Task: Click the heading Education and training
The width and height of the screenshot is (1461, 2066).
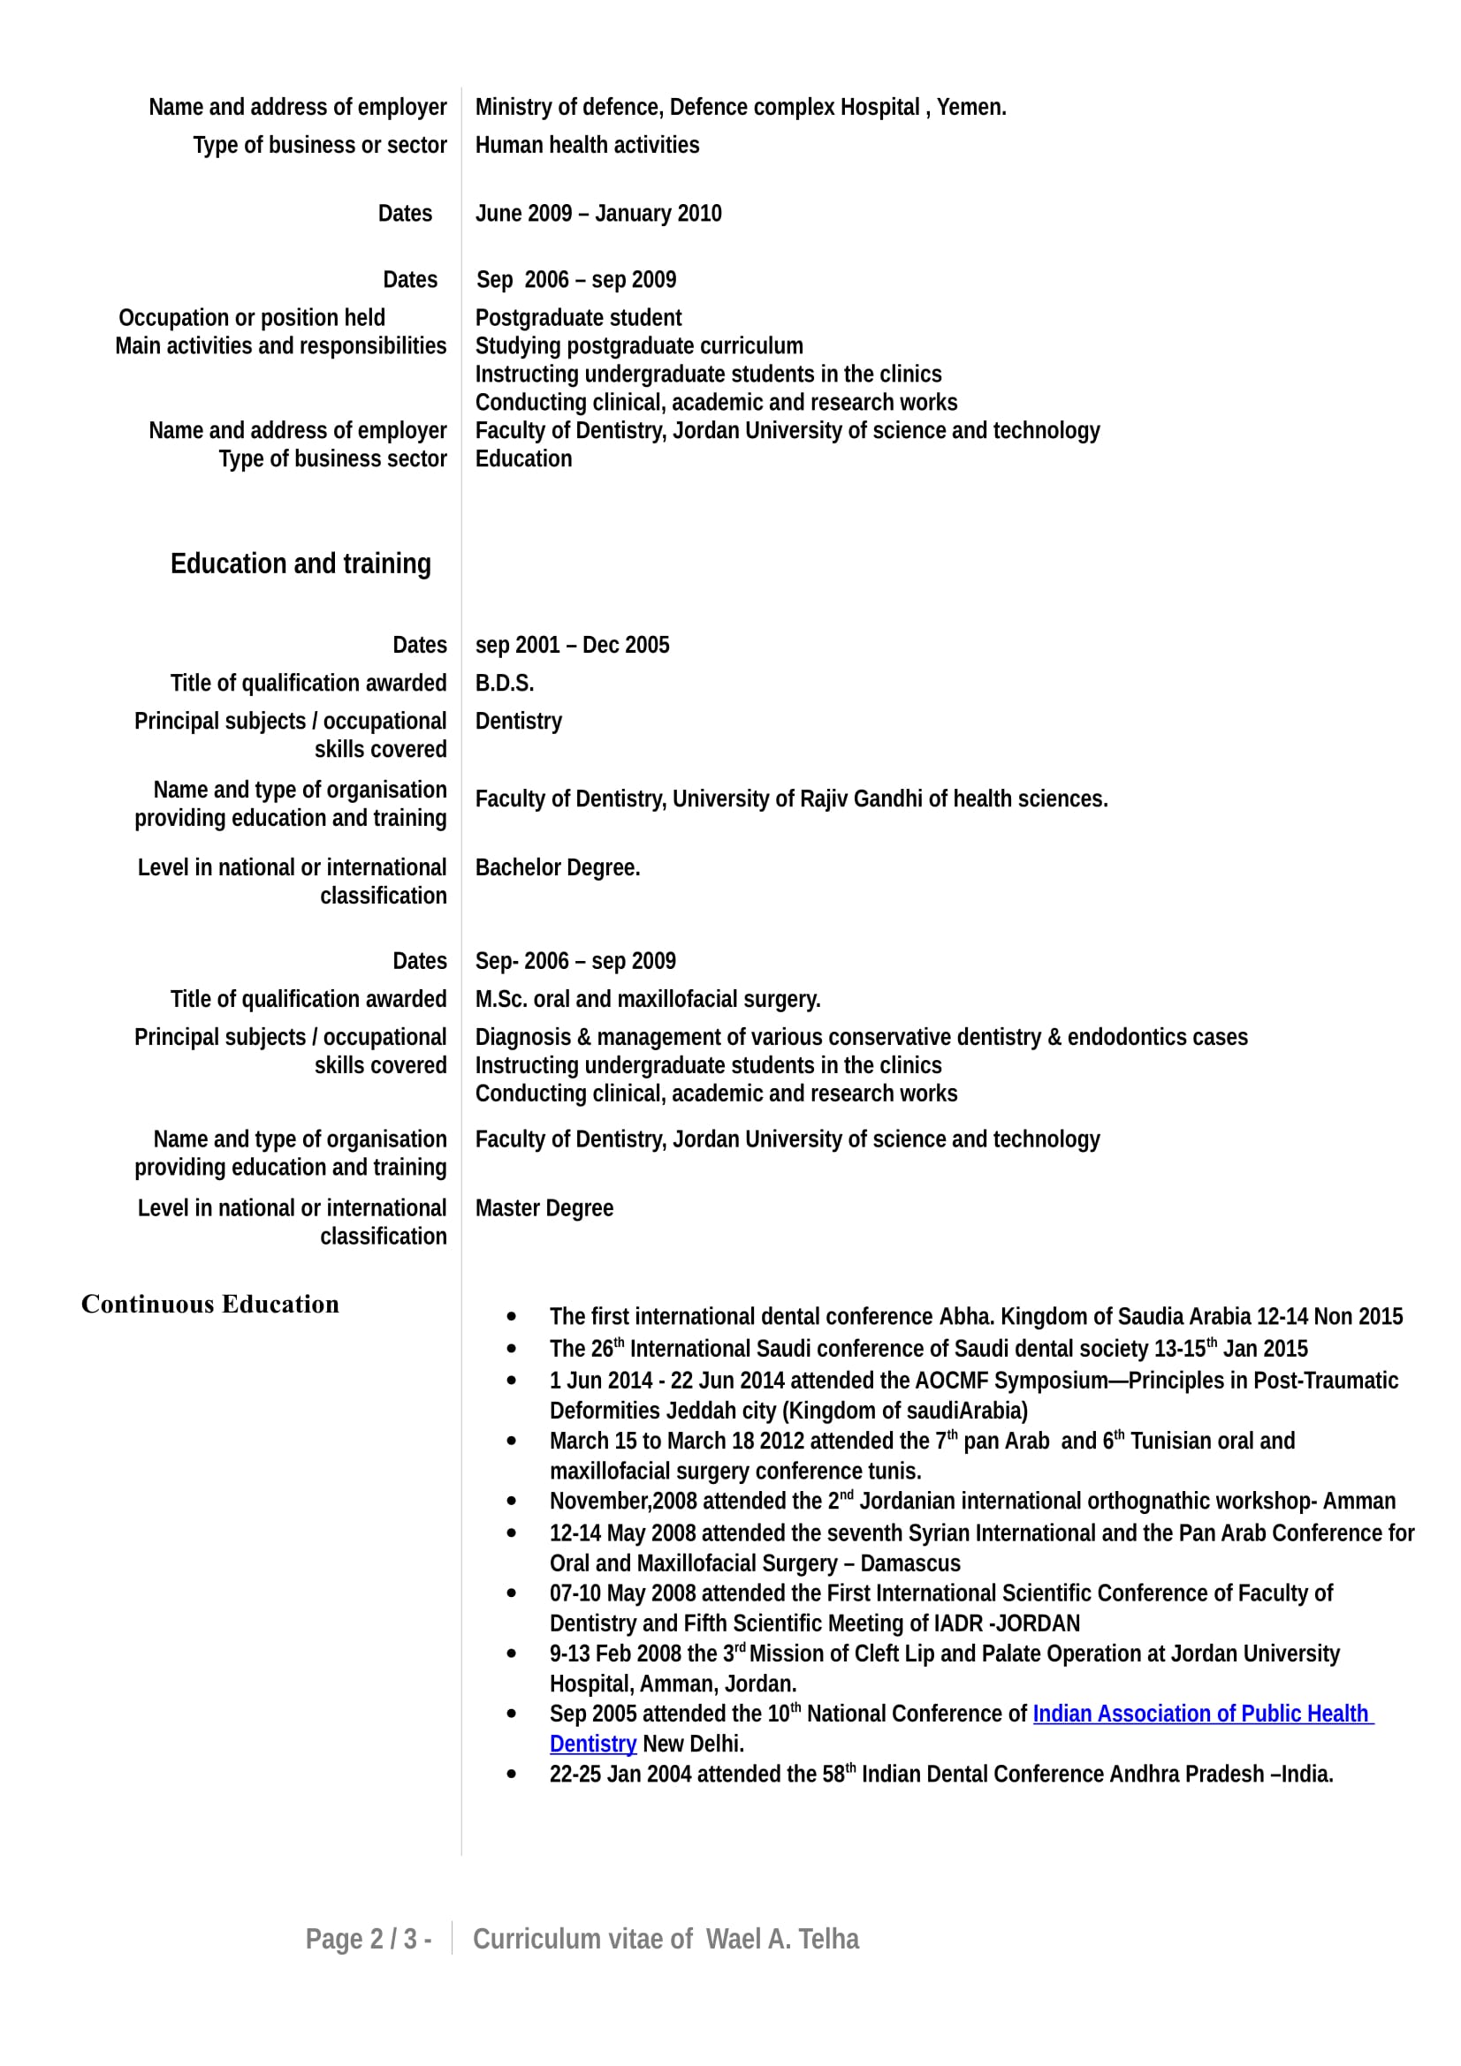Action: point(301,564)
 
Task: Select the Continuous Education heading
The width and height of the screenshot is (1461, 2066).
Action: point(209,1304)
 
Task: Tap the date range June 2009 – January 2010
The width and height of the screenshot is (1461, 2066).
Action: point(597,213)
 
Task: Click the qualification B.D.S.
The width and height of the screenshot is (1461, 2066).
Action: point(504,683)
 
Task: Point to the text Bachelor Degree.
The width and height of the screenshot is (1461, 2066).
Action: point(557,867)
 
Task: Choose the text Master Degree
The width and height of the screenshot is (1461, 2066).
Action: point(544,1207)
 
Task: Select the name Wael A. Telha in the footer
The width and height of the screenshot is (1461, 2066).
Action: point(781,1938)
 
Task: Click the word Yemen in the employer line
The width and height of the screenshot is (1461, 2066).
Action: point(970,107)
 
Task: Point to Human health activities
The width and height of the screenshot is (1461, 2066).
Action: point(587,145)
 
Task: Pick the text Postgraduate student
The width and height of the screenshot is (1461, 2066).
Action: point(578,318)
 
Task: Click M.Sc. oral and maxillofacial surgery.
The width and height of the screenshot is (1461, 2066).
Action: point(647,999)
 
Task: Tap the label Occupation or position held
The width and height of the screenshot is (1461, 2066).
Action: point(252,318)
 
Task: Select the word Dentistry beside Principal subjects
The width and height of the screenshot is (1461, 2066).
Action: point(519,721)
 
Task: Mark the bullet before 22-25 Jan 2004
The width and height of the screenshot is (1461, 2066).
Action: point(511,1775)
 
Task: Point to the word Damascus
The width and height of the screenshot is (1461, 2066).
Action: point(910,1563)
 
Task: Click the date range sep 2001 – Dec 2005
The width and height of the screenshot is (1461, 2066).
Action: point(572,645)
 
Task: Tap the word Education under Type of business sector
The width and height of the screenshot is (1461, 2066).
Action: point(523,459)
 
